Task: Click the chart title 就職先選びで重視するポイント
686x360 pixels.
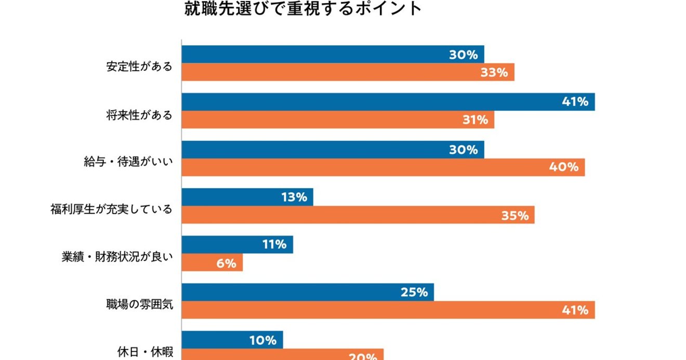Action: [303, 9]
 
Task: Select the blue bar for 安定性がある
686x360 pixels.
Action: [333, 55]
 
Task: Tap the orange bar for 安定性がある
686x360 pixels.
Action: [348, 72]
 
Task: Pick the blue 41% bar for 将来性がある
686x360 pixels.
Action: [388, 102]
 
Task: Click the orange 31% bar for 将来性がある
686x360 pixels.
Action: [338, 120]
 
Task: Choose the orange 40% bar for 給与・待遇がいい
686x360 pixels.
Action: [383, 167]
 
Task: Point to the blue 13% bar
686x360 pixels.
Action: [247, 197]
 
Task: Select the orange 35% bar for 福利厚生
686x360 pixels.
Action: [358, 215]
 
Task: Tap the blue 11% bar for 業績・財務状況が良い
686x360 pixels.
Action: [237, 245]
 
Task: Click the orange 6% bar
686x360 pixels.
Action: [212, 263]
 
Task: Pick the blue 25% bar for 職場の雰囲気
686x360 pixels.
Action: [308, 292]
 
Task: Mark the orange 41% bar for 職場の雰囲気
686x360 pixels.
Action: [388, 310]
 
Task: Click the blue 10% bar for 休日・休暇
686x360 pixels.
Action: [232, 340]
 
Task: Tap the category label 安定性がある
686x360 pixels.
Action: [139, 67]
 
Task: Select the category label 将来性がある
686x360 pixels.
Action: [139, 115]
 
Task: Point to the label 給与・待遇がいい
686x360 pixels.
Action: [128, 162]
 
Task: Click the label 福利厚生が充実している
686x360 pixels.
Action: [111, 210]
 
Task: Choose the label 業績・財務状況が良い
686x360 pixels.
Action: [116, 258]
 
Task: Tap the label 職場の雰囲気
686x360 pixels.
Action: [139, 305]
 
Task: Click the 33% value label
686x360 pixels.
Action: [494, 73]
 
